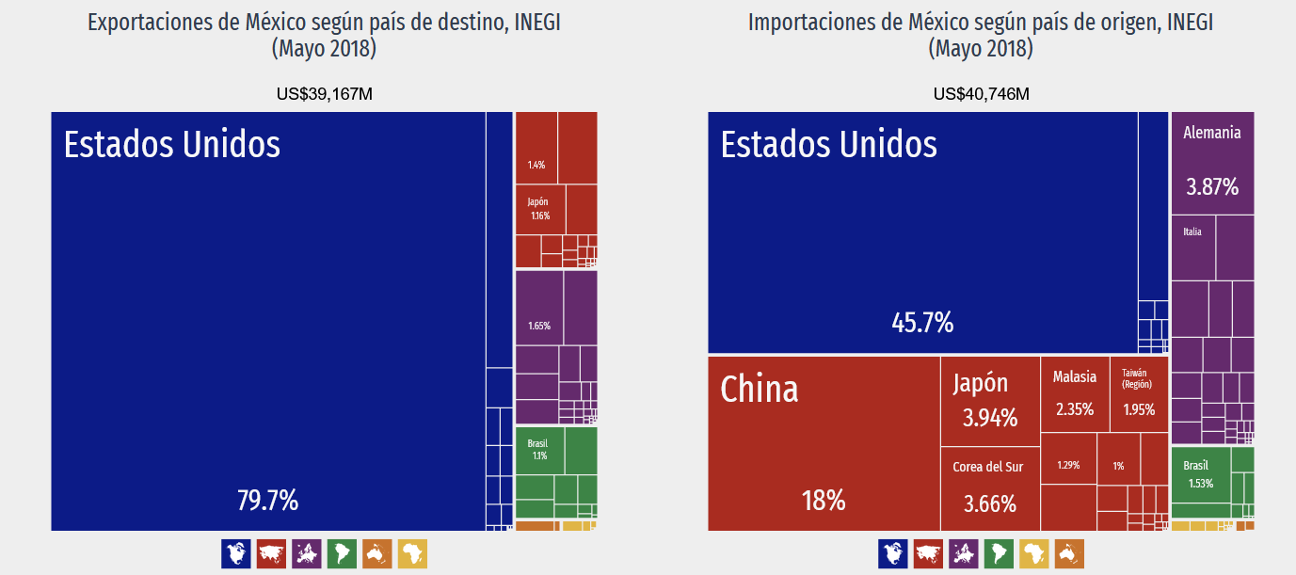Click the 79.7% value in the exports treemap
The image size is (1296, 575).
tap(267, 501)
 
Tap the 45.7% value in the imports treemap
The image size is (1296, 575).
tap(922, 322)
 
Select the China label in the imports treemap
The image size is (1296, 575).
tap(760, 389)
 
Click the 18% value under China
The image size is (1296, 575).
tap(824, 501)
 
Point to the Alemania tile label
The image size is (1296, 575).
tap(1211, 133)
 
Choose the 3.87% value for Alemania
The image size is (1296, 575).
tap(1212, 187)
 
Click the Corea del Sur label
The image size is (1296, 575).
tap(987, 467)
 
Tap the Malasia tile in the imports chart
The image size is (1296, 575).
tap(1075, 394)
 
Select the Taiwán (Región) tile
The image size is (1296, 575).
tap(1139, 394)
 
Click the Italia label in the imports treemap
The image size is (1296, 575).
tap(1192, 232)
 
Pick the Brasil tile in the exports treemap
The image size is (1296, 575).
tap(540, 451)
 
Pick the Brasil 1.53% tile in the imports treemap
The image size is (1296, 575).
tap(1201, 474)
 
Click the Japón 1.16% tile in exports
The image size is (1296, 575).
tap(540, 210)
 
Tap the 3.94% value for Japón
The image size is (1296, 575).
tap(990, 418)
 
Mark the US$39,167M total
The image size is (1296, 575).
tap(325, 94)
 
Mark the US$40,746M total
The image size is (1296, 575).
tap(982, 94)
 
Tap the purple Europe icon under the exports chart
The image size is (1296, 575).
tap(307, 553)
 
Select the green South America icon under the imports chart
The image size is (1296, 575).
tap(999, 553)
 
